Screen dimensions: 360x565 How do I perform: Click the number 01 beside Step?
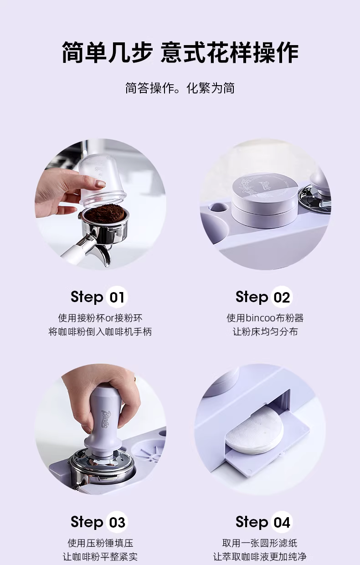(x=117, y=297)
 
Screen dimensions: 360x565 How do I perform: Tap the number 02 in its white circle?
(x=282, y=297)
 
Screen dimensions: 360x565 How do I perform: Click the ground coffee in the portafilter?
(x=104, y=214)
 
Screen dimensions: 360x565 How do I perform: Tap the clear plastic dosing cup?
(x=102, y=179)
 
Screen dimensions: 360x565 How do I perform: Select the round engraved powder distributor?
(x=264, y=199)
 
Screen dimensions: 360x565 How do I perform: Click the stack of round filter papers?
(x=254, y=433)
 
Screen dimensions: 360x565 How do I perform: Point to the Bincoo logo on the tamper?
(x=106, y=419)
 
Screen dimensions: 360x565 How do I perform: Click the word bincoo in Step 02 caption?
(x=260, y=318)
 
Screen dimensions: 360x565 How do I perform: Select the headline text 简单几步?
(x=107, y=52)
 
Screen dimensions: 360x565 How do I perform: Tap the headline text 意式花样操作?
(x=230, y=52)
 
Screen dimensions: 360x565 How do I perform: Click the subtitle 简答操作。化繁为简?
(x=180, y=88)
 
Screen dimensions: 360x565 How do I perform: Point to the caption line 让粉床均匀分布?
(x=265, y=331)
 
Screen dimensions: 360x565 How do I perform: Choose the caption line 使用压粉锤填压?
(x=100, y=543)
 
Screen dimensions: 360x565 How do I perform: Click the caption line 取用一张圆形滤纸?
(x=260, y=543)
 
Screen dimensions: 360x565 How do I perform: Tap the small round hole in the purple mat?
(x=218, y=207)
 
